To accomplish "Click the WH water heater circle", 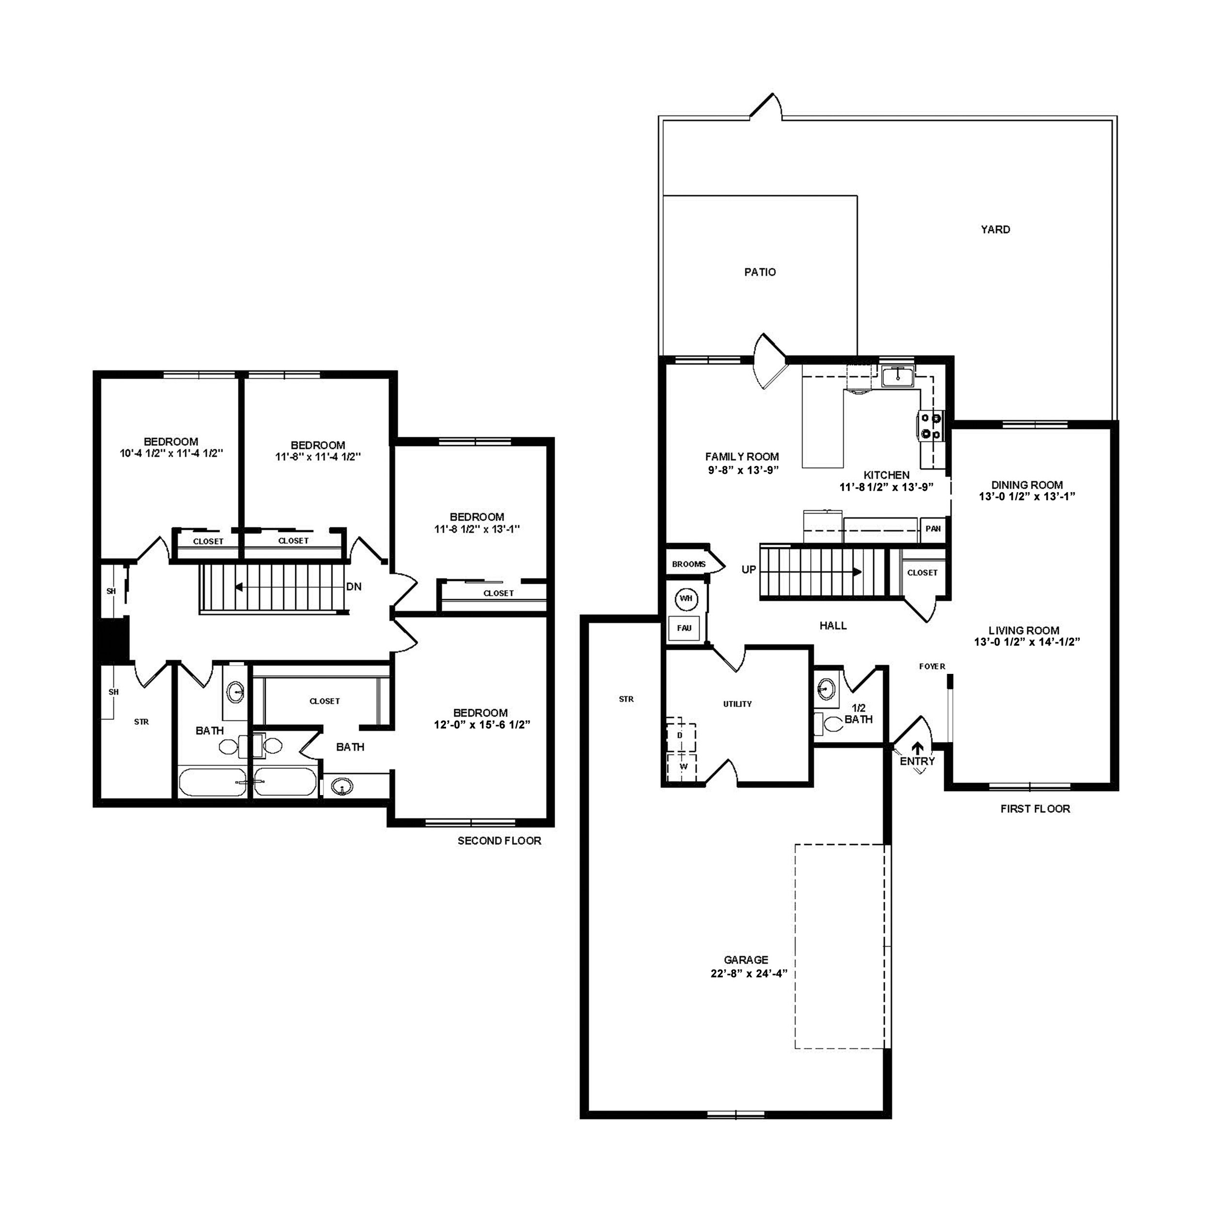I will coord(686,598).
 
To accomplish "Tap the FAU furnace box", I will coord(684,628).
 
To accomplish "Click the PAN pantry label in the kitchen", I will coord(933,528).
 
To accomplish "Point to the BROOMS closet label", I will coord(688,564).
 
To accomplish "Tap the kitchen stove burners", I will coord(930,425).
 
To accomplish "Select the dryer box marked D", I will coord(680,734).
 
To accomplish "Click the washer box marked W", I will coord(683,766).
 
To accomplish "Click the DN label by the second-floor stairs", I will coord(354,587).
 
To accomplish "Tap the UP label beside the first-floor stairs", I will coord(749,570).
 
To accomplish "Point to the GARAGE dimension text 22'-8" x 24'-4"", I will coord(745,973).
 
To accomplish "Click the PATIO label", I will coord(760,271).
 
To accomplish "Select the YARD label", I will coord(995,230).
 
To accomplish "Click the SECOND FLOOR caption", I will coord(499,841).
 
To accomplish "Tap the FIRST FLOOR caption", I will coord(1035,809).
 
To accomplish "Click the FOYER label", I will coord(932,666).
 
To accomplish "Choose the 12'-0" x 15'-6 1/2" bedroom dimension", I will coord(482,725).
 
